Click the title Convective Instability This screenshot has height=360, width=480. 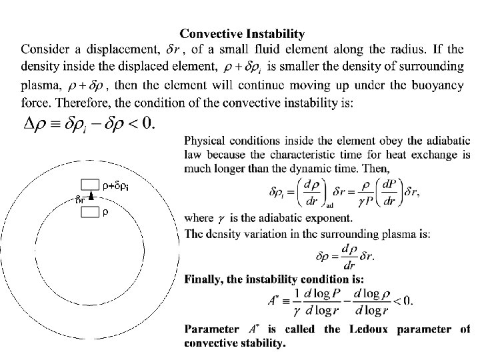click(x=243, y=33)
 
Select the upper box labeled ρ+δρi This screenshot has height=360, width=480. click(x=89, y=184)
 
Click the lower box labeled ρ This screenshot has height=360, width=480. click(x=89, y=212)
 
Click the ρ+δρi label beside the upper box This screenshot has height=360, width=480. click(x=115, y=185)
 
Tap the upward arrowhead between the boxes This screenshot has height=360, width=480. click(x=89, y=198)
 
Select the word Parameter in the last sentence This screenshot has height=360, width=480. click(x=212, y=329)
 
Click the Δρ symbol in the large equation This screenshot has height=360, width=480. click(x=37, y=125)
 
